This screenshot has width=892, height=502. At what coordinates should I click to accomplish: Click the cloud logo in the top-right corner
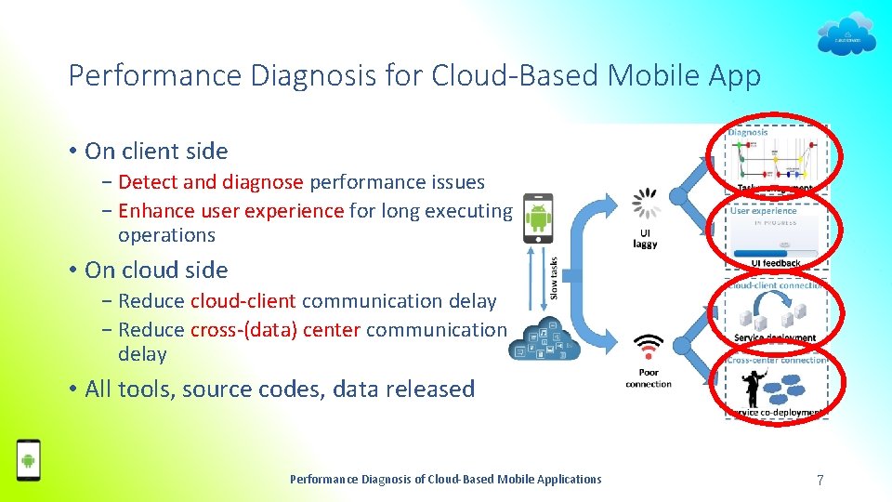846,35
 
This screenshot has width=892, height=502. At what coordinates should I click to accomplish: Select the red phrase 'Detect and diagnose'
211,182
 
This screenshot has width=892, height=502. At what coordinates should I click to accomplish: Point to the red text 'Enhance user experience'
231,211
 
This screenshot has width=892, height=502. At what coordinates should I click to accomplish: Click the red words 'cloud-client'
243,301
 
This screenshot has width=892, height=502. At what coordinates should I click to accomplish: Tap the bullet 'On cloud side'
156,271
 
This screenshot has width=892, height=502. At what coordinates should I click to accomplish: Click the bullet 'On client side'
156,152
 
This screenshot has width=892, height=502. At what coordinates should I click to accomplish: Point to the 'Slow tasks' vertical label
555,279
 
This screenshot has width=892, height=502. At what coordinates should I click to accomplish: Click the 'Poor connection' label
648,379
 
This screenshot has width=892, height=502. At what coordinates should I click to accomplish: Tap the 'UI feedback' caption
776,263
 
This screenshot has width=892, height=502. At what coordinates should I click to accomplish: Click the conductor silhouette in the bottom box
771,382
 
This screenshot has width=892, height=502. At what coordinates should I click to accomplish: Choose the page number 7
820,480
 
